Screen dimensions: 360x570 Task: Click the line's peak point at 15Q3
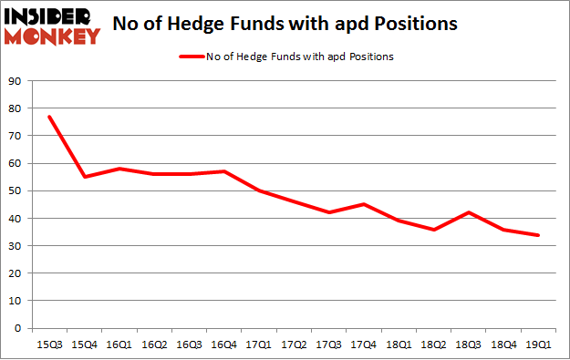[50, 117]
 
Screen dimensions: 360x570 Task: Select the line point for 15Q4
[85, 177]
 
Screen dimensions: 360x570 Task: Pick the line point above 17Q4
[365, 204]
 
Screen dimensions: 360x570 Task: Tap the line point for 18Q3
[470, 212]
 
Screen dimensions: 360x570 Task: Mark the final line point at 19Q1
[539, 235]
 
